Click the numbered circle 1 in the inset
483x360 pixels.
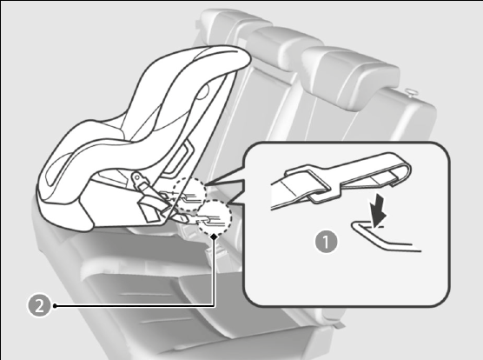point(327,242)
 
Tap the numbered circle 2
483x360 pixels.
point(39,306)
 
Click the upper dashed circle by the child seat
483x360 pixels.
point(189,195)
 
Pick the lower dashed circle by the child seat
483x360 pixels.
point(215,217)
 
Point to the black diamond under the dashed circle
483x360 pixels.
point(215,237)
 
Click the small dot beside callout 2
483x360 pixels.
point(55,306)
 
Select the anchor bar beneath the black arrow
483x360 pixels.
point(385,238)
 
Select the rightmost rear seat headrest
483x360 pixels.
point(349,77)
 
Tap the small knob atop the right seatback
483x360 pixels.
point(410,92)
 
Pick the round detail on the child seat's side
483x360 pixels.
point(202,91)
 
